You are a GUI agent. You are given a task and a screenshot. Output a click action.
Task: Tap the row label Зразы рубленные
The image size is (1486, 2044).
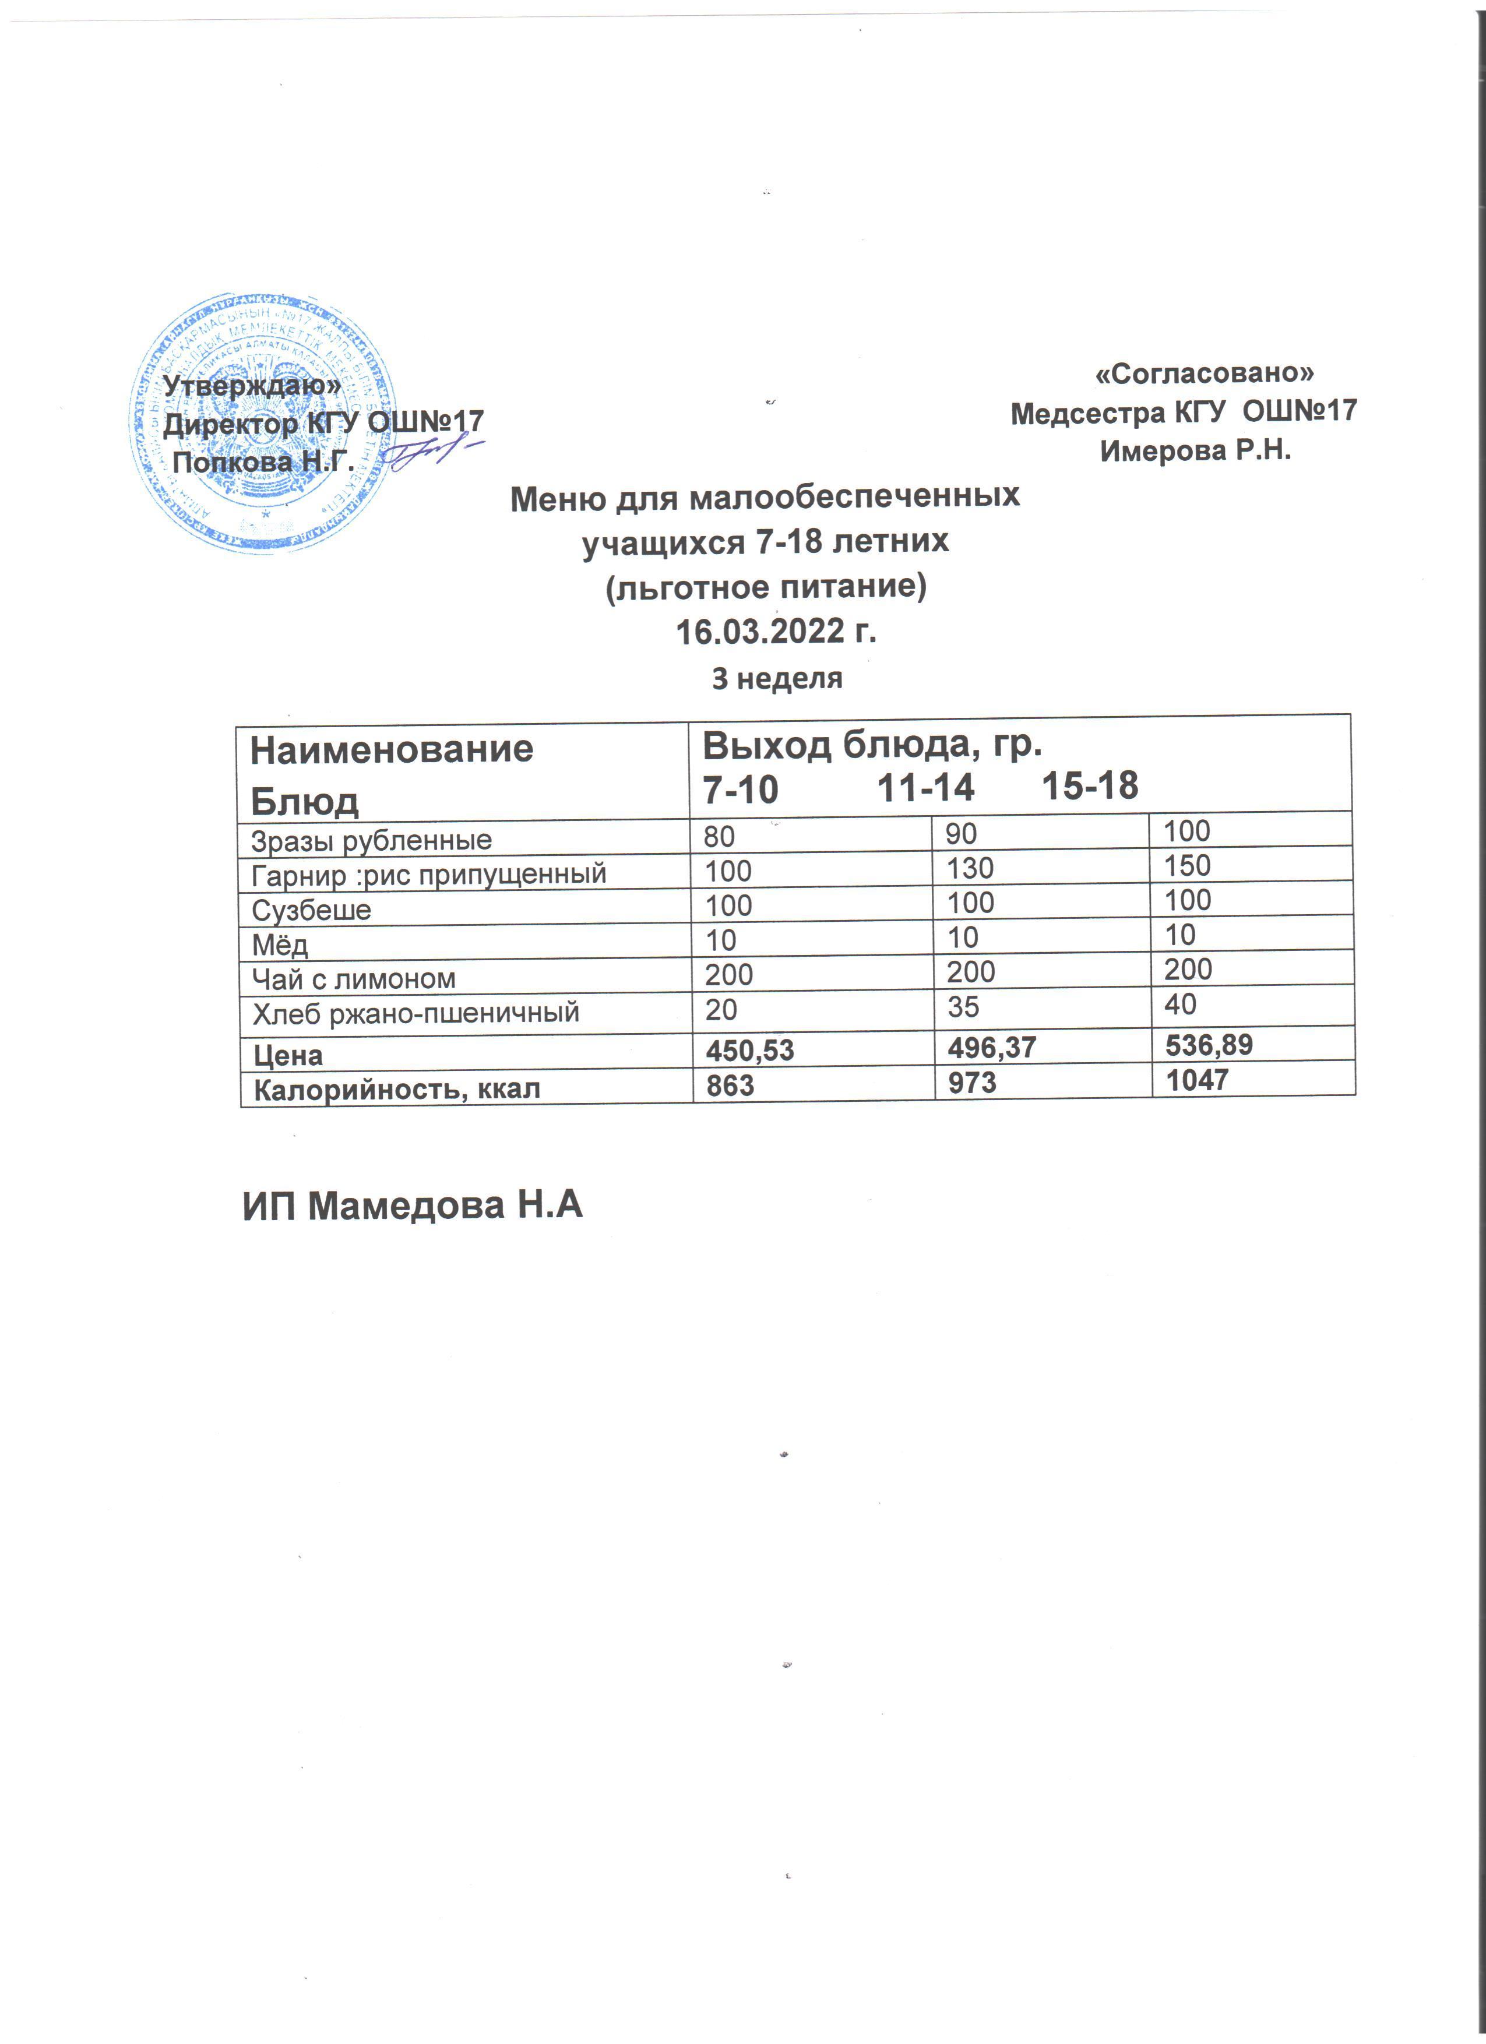(x=371, y=841)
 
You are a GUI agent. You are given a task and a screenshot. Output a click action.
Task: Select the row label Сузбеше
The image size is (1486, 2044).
(x=311, y=910)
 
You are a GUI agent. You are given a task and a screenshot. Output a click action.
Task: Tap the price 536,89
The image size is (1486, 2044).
(x=1209, y=1045)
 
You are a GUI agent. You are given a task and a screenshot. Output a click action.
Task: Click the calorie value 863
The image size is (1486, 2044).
(x=730, y=1085)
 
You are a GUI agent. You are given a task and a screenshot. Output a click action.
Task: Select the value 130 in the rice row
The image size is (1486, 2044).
(x=970, y=869)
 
